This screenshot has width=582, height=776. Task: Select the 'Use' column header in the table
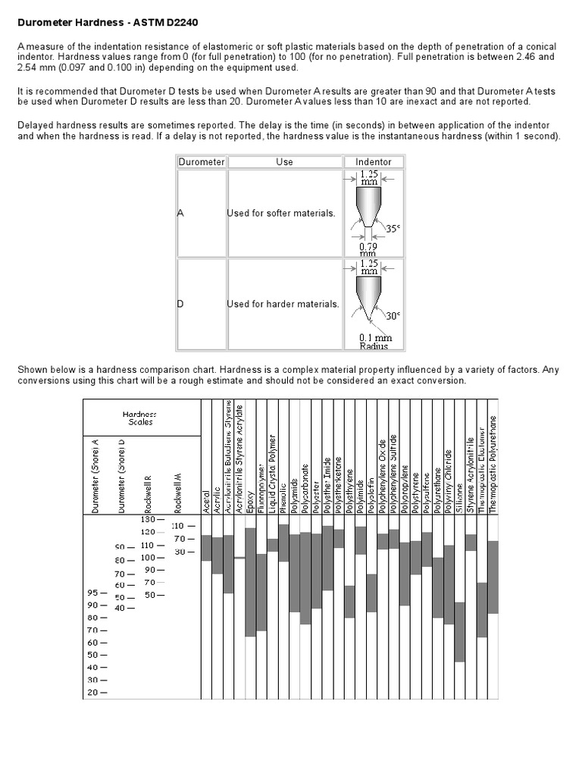[x=284, y=161]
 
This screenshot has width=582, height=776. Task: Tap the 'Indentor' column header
[x=373, y=161]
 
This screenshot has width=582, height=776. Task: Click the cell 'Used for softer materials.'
[x=281, y=214]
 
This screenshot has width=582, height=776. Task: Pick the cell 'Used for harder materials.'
[x=283, y=304]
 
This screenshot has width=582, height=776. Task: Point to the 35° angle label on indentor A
[x=393, y=228]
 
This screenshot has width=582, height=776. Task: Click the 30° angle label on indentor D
[x=393, y=317]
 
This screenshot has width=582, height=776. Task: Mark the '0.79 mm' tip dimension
[x=369, y=249]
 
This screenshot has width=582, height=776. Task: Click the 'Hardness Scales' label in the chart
[x=139, y=418]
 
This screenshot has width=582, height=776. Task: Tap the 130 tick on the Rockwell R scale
[x=146, y=520]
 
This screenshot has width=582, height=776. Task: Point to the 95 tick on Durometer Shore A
[x=96, y=593]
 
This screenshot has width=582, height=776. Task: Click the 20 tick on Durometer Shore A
[x=96, y=692]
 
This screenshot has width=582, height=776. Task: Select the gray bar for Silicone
[x=459, y=632]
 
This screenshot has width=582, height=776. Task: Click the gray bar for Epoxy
[x=250, y=582]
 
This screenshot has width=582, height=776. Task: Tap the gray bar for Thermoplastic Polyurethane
[x=493, y=577]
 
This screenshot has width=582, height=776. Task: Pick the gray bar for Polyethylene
[x=349, y=602]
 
